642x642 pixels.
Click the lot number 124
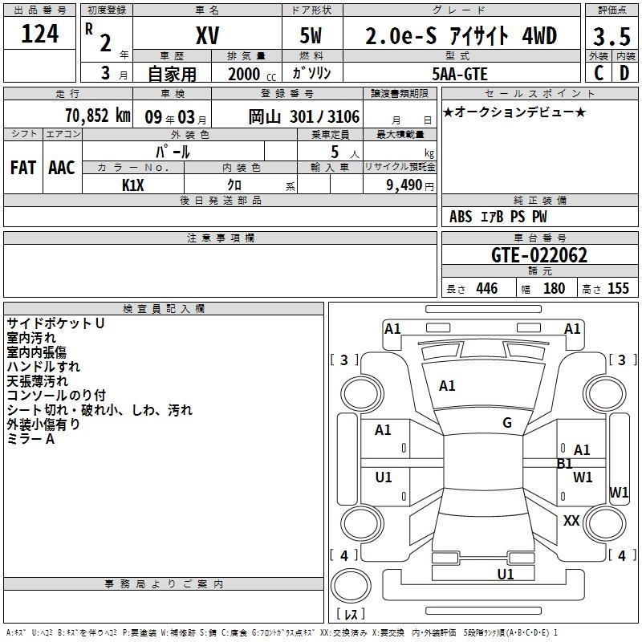[39, 35]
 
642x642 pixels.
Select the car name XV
[207, 36]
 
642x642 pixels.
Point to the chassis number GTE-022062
[538, 256]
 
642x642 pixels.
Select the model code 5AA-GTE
[460, 72]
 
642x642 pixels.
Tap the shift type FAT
[23, 168]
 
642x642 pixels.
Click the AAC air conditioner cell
[62, 168]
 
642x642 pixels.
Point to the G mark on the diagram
[507, 423]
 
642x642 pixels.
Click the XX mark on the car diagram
[571, 521]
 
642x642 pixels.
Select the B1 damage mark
[564, 463]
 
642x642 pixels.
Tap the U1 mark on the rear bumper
[506, 574]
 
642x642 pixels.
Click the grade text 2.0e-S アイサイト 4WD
[461, 36]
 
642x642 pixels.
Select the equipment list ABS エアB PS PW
[499, 217]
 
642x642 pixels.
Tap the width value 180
[554, 289]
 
